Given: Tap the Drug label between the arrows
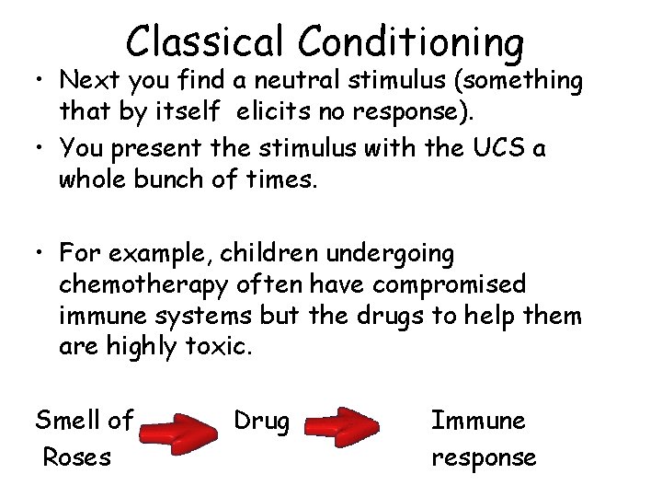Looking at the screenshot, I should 261,422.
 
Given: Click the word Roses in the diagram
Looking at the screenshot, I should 77,457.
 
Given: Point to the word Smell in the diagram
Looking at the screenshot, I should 67,422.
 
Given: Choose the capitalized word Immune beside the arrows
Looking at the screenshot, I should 478,422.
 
